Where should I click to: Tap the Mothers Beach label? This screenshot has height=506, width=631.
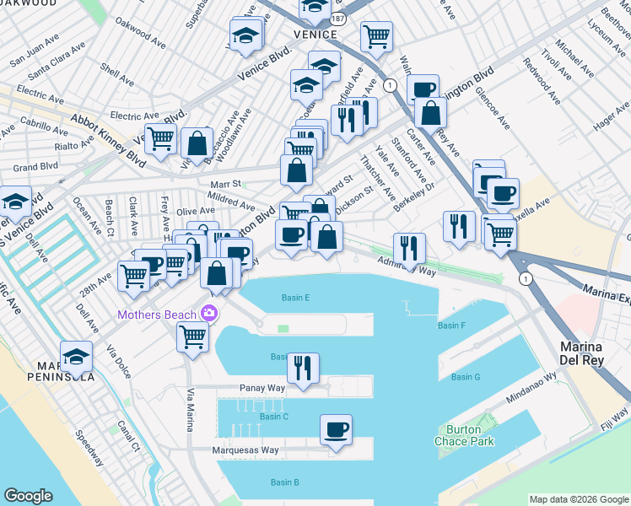pyautogui.click(x=156, y=315)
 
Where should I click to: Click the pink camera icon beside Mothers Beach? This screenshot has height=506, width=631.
pyautogui.click(x=208, y=315)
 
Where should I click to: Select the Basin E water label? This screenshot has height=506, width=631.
pyautogui.click(x=295, y=298)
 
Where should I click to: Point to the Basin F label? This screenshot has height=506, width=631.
pyautogui.click(x=451, y=326)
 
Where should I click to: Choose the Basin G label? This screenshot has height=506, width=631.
pyautogui.click(x=465, y=377)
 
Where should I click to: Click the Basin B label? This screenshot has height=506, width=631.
pyautogui.click(x=284, y=482)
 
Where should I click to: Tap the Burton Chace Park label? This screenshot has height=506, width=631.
pyautogui.click(x=463, y=434)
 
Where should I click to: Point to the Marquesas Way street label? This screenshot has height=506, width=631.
pyautogui.click(x=245, y=450)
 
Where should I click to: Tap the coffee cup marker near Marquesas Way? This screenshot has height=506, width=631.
pyautogui.click(x=336, y=431)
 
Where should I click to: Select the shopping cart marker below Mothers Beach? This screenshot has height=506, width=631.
pyautogui.click(x=192, y=336)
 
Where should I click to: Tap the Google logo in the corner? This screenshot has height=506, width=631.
pyautogui.click(x=28, y=496)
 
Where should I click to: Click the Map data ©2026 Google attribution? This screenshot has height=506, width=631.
pyautogui.click(x=579, y=498)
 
